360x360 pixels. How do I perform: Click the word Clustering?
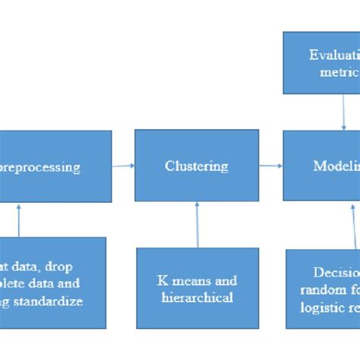(197, 166)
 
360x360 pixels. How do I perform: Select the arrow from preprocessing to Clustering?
(123, 165)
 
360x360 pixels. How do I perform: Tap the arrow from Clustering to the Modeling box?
(270, 166)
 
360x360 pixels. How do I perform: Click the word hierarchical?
(197, 298)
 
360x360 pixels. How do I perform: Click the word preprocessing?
(42, 167)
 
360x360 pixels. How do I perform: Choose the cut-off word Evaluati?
(334, 55)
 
